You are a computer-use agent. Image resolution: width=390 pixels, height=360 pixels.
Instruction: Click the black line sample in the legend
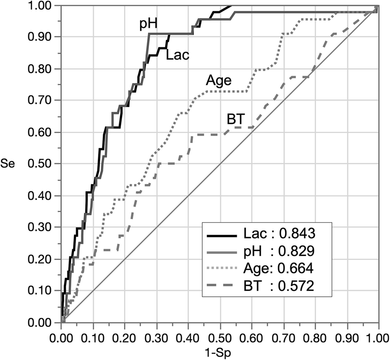pyautogui.click(x=222, y=235)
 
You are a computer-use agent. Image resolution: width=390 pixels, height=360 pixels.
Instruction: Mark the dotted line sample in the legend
pyautogui.click(x=222, y=269)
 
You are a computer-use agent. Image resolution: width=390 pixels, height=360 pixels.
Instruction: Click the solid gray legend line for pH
pyautogui.click(x=222, y=252)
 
